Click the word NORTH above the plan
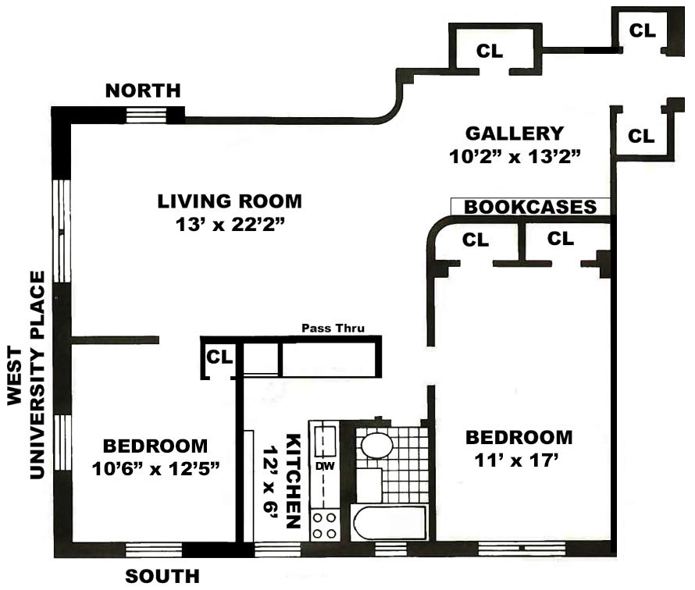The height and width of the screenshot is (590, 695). tap(142, 91)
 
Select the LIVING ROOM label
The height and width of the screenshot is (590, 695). tap(229, 201)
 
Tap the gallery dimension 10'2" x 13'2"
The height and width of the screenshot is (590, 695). tap(515, 156)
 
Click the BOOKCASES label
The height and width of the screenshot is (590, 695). tap(530, 207)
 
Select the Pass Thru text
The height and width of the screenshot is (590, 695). tap(333, 329)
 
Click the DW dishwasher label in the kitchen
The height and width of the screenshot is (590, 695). tap(323, 466)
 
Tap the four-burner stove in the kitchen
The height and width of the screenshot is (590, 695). tap(324, 524)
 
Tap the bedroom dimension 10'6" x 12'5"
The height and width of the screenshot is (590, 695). tap(155, 469)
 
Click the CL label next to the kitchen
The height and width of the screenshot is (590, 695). tap(219, 357)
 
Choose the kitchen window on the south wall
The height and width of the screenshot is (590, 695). tap(278, 549)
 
